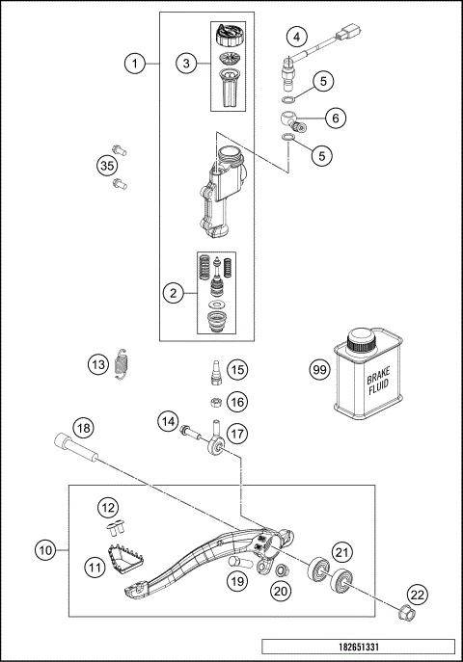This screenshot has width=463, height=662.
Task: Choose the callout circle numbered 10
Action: tap(43, 550)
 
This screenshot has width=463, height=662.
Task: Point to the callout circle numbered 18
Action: tap(84, 427)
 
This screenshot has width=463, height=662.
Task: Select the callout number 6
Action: tap(336, 117)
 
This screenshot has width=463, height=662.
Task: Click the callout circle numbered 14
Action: tap(170, 420)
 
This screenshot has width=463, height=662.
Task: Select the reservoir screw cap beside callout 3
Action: tap(229, 37)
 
